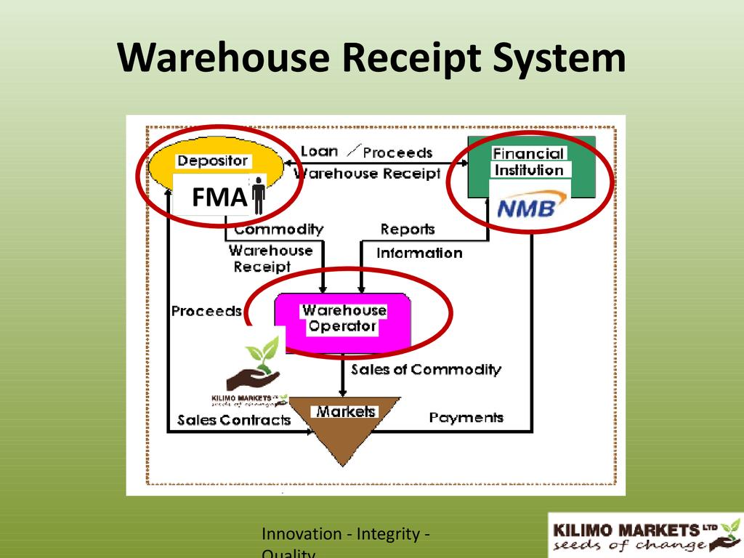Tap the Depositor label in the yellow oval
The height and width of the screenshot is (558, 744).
pos(213,161)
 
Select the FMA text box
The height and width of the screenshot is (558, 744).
pos(219,197)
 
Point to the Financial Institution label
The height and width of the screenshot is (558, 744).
pos(528,162)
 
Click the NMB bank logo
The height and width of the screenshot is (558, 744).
pos(526,209)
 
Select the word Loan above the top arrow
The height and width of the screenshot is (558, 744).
pos(319,151)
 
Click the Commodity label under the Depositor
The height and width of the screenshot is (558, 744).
pos(278,230)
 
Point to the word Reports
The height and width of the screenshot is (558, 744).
pos(408,230)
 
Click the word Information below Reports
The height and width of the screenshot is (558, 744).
pos(419,253)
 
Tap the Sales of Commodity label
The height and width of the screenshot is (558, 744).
pos(426,370)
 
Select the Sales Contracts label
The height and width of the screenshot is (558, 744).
pos(233,420)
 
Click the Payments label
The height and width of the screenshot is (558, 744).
pos(466,418)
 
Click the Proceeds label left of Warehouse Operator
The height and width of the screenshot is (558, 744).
pos(206,311)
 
